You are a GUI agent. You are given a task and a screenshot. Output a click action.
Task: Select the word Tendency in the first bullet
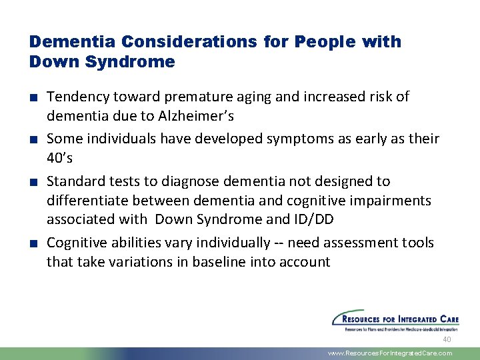75,97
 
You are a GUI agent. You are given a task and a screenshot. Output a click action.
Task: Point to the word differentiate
88,201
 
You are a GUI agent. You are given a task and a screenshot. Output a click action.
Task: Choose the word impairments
393,201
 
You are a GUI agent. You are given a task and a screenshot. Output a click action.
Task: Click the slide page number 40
447,339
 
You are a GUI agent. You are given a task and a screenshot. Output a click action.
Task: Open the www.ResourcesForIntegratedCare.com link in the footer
390,353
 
